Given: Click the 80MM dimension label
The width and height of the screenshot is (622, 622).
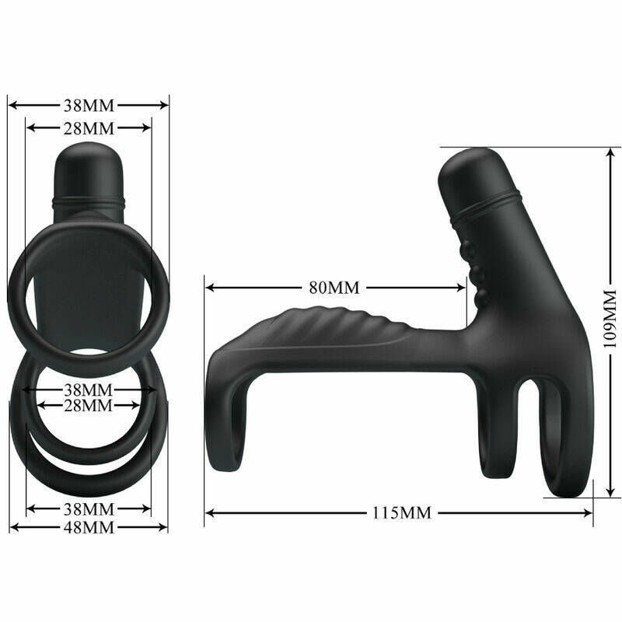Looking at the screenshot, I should coord(334,287).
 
